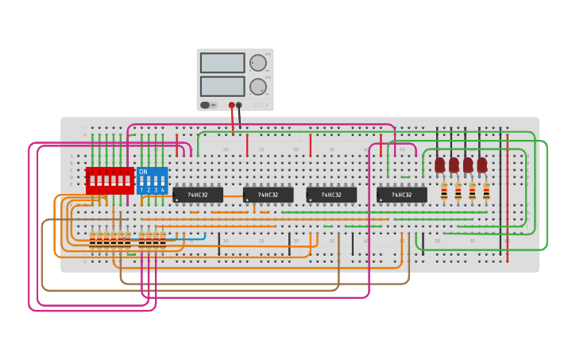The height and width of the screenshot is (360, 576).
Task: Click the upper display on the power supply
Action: click(222, 63)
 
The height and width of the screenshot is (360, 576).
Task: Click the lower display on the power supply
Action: click(222, 86)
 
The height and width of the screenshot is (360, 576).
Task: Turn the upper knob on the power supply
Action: click(258, 64)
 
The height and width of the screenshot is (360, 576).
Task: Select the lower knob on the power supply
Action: click(258, 87)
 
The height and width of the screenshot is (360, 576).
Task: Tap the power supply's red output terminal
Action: click(232, 105)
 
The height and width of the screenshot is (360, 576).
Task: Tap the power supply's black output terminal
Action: click(239, 105)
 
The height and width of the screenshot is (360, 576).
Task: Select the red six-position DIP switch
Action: click(110, 180)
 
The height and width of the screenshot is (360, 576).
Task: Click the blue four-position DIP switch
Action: click(152, 180)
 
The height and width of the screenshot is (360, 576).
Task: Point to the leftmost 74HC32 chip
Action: click(198, 195)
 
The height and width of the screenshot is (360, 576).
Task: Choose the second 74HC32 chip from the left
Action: click(268, 195)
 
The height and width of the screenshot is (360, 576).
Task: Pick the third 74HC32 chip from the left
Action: click(331, 195)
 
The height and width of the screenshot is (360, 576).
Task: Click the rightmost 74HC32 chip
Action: click(401, 195)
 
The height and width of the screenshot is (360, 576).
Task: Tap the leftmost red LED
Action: click(439, 165)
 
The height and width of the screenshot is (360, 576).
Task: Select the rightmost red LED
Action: click(482, 165)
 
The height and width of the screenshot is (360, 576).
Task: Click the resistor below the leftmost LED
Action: click(443, 191)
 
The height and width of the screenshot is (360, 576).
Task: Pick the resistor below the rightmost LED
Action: click(486, 191)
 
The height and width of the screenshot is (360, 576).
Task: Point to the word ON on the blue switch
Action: click(143, 172)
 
